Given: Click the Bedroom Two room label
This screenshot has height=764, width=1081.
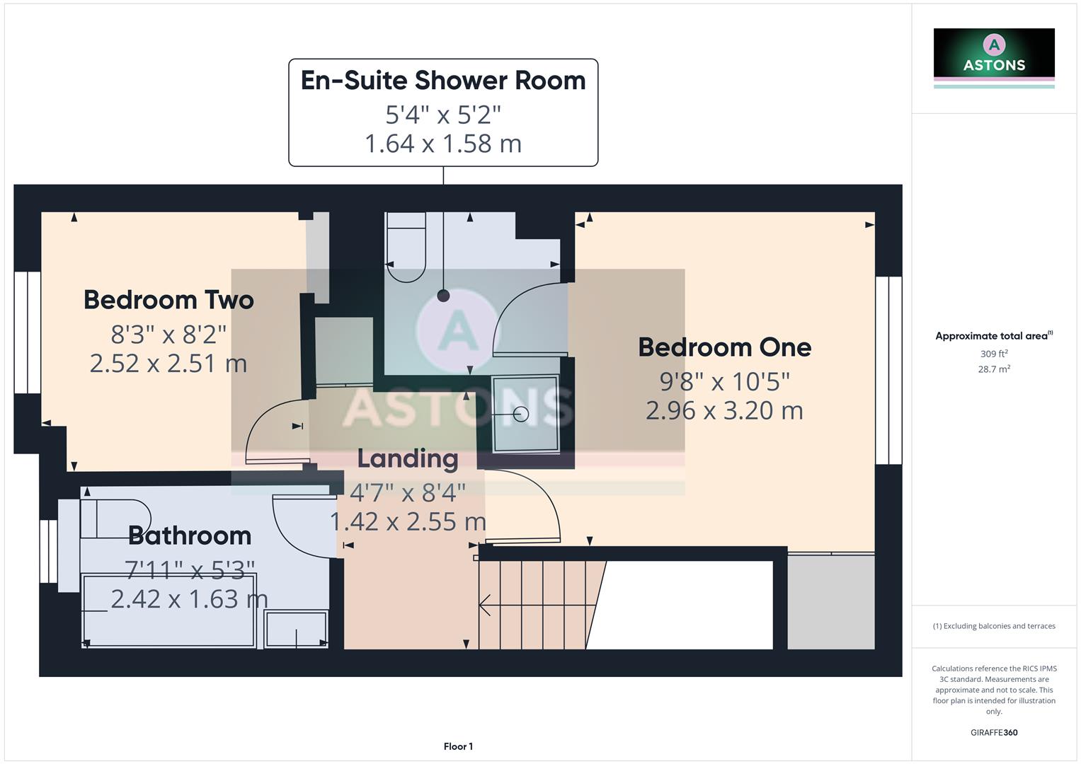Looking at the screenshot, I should coord(168,300).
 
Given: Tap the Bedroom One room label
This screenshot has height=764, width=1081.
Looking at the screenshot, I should coord(724,347).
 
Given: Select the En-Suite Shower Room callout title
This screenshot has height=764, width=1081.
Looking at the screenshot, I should coord(443,81).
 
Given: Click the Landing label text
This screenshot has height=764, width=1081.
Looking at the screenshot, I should coord(408,459).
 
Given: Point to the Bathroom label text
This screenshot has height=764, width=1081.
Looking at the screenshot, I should coord(190,536).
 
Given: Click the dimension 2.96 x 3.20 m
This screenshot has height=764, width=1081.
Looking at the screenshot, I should coord(724,410).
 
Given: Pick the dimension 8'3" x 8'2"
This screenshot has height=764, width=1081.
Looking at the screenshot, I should coord(168,333).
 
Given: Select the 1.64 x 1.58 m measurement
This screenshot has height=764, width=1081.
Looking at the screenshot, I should coord(443,144).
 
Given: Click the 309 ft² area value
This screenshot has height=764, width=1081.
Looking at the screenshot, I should coord(993,354).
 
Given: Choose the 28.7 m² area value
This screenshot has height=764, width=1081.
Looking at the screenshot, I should coord(993,369).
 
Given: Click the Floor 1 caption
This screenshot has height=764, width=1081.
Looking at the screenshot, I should coord(458,746).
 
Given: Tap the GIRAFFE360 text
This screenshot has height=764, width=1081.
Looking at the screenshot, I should coord(993,733).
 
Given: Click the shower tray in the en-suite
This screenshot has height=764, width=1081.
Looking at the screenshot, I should coord(525,414).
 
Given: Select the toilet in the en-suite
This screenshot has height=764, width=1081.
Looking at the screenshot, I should coord(406,248).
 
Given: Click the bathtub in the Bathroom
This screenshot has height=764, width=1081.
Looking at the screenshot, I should coord(168,610).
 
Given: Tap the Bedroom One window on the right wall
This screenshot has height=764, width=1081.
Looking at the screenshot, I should coord(888,370).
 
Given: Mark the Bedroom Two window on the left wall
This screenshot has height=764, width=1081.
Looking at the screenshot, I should coord(28,332).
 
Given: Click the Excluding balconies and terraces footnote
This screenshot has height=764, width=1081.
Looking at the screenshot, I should coord(993,626).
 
